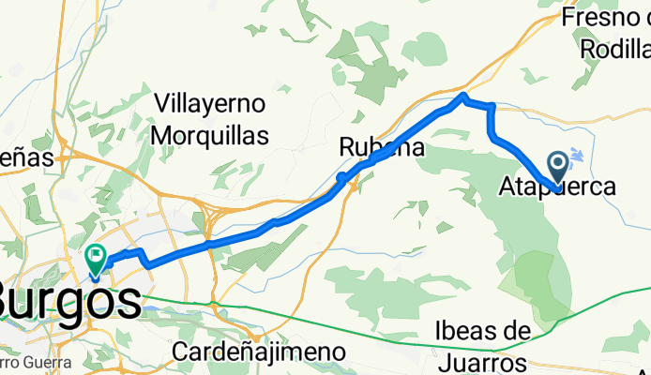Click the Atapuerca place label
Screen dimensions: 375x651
click(559, 187)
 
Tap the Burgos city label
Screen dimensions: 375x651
click(70, 303)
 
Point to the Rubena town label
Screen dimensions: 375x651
click(382, 147)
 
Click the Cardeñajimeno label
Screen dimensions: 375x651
click(260, 352)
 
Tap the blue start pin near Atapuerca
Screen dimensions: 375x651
click(557, 168)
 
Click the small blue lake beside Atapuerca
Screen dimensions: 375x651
click(577, 156)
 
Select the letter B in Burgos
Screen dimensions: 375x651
click(11, 302)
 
